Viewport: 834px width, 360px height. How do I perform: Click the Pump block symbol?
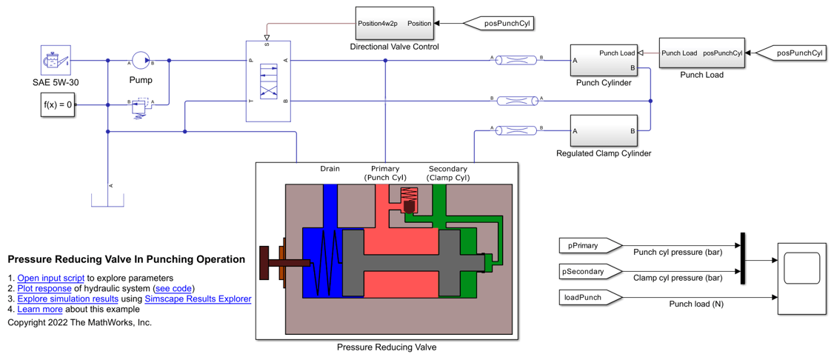tap(141, 61)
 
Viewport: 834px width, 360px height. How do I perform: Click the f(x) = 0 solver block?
tap(58, 105)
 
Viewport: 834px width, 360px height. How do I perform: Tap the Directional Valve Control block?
tap(394, 23)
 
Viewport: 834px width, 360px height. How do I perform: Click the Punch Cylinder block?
tap(604, 60)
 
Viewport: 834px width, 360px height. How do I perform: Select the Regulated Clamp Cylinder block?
tap(604, 131)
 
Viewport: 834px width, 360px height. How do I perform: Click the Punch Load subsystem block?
tap(701, 53)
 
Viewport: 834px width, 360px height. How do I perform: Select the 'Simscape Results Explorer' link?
tap(198, 299)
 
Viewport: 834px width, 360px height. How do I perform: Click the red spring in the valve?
tap(409, 196)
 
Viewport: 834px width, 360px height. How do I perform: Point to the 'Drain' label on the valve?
tap(330, 169)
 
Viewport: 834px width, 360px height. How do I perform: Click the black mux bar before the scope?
tap(741, 259)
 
